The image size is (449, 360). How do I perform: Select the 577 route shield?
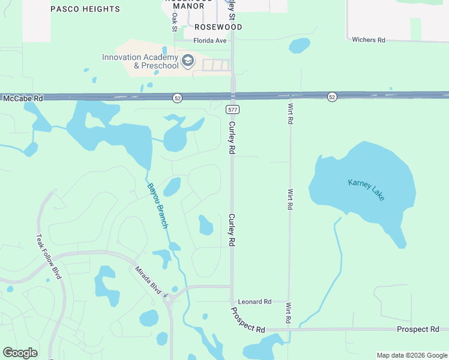233,110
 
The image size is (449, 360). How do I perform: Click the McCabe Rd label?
23,98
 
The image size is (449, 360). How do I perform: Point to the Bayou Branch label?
158,205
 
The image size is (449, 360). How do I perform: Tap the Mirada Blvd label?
148,280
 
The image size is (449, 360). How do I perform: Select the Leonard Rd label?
255,302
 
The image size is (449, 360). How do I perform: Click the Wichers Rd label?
369,40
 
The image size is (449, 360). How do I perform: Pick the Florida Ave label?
210,41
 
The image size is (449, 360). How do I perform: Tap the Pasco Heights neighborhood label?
85,9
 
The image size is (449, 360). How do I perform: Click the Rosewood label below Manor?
218,27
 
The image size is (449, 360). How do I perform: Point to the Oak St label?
175,23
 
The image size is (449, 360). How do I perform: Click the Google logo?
20,353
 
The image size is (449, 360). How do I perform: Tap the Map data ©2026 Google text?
411,355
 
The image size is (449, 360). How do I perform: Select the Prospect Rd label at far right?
418,329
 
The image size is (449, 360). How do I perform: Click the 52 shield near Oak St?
176,97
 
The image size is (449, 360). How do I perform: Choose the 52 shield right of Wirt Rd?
332,97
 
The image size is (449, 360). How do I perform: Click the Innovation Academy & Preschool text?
140,62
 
